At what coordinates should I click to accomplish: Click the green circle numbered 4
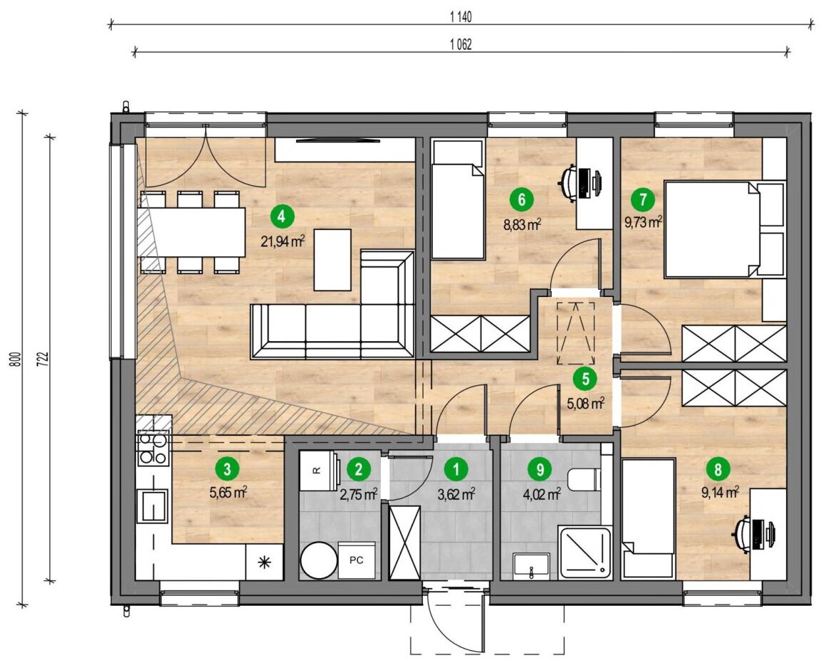pos(282,216)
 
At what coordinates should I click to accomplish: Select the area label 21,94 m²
pos(283,241)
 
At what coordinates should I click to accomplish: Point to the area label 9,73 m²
pos(643,222)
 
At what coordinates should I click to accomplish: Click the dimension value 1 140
pos(461,17)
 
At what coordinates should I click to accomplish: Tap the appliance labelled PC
pos(357,560)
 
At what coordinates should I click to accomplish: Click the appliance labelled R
pos(318,471)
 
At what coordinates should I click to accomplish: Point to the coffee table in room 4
pos(332,260)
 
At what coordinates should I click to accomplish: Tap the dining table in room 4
pos(192,232)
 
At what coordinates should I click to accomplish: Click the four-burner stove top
pos(153,449)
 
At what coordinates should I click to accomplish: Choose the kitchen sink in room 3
pos(153,506)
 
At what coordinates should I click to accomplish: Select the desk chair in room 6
pos(567,182)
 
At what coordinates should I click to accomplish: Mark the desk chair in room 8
pos(742,535)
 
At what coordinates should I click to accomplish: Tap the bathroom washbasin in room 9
pos(532,566)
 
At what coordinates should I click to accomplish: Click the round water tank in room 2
pos(318,562)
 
